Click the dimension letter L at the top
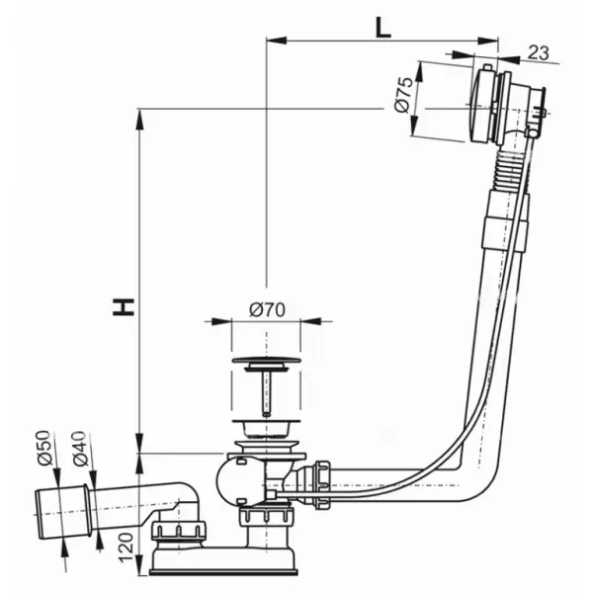[x=382, y=28]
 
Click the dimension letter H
[x=124, y=306]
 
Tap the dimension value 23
[x=538, y=52]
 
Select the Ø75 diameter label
[x=403, y=95]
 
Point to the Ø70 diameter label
[x=267, y=310]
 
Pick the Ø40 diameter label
[x=81, y=448]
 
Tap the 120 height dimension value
[x=127, y=548]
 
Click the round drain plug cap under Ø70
[x=267, y=360]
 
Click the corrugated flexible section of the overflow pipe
[x=509, y=172]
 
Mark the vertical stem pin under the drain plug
[x=267, y=393]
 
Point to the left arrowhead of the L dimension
[x=276, y=41]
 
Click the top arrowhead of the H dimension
[x=139, y=120]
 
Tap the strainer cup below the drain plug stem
[x=267, y=428]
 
